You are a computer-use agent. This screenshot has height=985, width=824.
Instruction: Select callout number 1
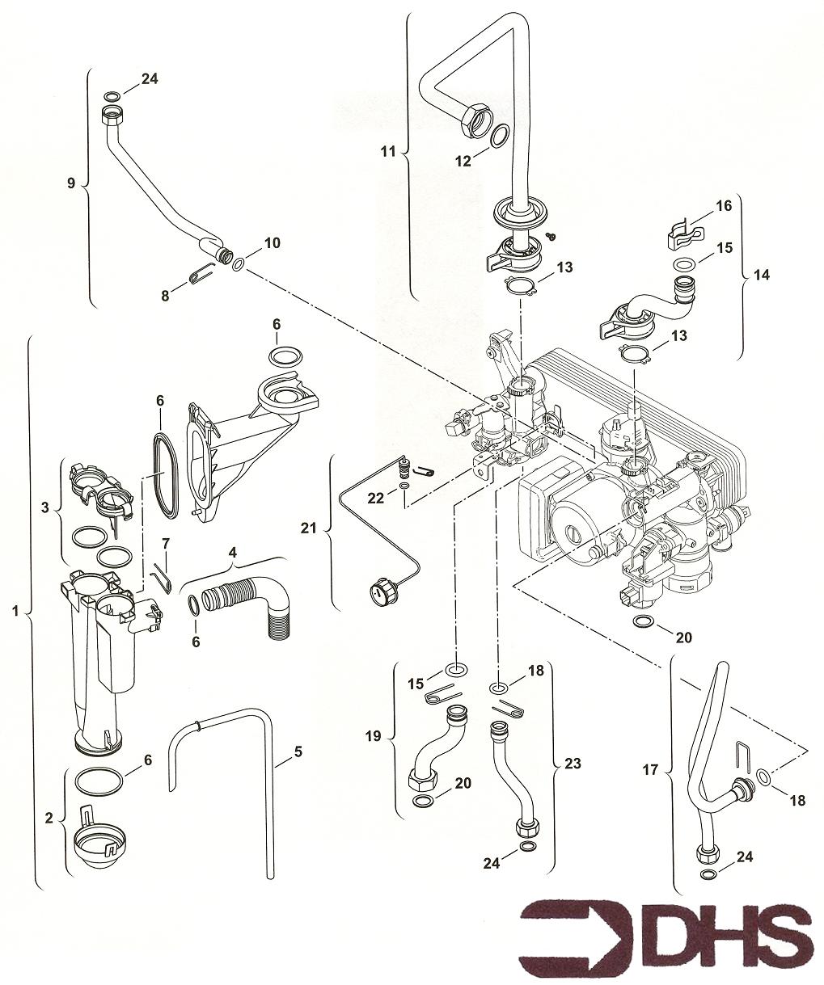pos(15,612)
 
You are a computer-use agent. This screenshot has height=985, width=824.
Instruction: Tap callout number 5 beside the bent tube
pos(298,751)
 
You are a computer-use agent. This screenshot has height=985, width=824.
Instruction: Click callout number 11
pos(388,150)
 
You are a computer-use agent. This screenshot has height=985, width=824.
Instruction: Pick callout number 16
pos(724,206)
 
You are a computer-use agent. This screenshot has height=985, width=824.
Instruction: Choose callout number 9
pos(71,183)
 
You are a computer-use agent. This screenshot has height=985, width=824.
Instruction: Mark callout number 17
pos(651,770)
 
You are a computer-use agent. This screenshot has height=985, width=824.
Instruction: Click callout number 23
pos(573,762)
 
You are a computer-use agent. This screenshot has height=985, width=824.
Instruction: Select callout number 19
pos(373,736)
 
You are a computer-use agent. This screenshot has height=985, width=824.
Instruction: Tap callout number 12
pos(463,161)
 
